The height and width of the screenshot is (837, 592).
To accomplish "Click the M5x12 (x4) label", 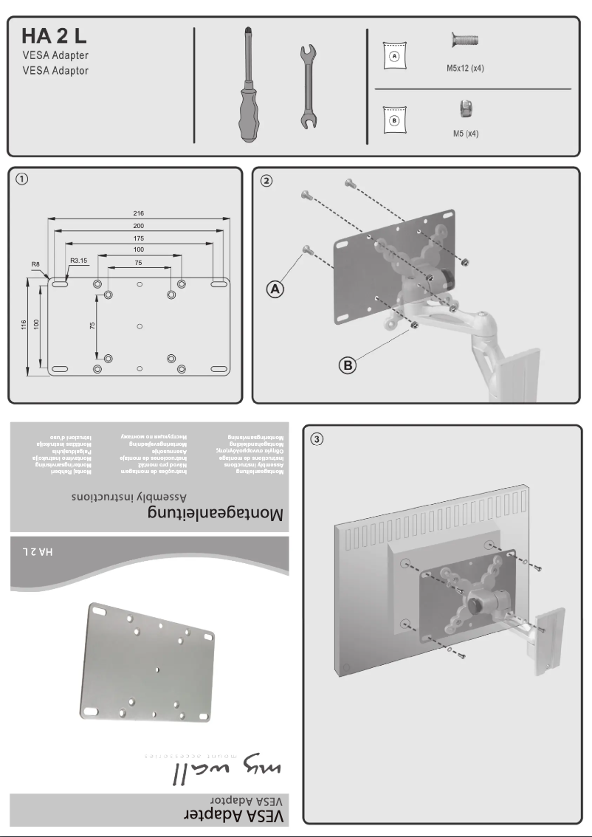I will click(465, 68).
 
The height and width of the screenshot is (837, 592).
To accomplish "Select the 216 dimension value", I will click(139, 213).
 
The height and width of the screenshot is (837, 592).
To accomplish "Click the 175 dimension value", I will click(139, 239).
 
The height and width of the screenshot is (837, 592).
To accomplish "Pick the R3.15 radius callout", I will click(79, 260).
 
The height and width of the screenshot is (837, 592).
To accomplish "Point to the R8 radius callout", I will click(35, 263).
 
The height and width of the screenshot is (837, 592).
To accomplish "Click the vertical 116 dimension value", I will click(23, 325).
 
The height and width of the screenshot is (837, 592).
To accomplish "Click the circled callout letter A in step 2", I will click(275, 290).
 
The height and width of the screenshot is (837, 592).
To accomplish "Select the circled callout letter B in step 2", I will click(347, 364).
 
